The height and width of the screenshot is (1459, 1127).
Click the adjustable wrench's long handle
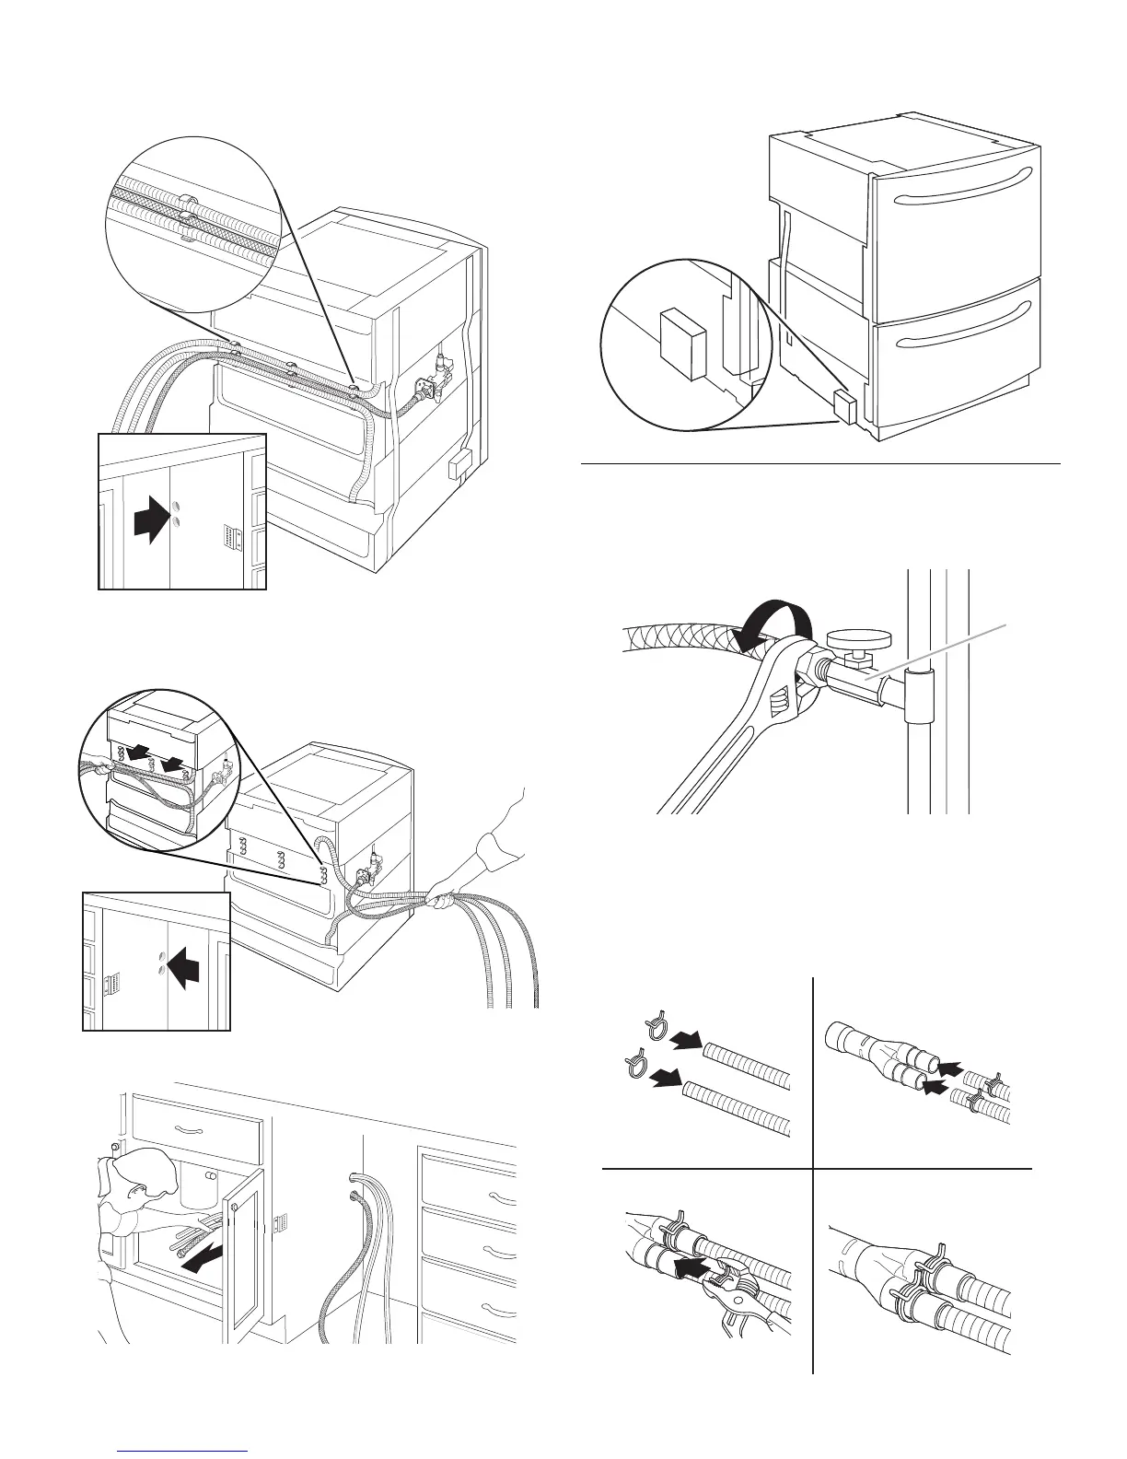[718, 755]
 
